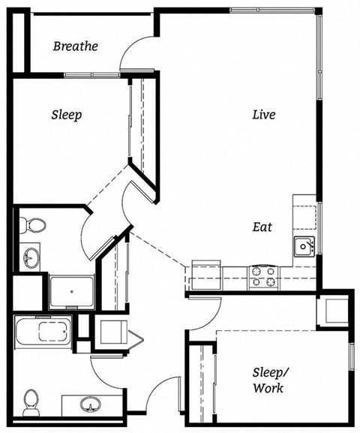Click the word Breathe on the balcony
[x=76, y=47]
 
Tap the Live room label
[x=263, y=115]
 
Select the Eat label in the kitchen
[x=262, y=227]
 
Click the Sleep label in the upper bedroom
[x=66, y=115]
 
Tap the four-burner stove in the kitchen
[x=264, y=276]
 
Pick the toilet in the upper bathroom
[x=33, y=224]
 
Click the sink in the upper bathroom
[x=30, y=259]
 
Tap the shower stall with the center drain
[x=71, y=290]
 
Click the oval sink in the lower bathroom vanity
[x=91, y=406]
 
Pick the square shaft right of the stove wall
[x=331, y=309]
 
